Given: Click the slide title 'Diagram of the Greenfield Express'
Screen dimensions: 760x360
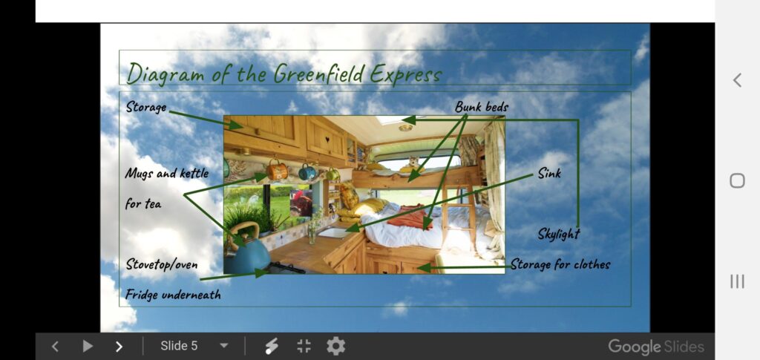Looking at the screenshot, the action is (x=284, y=73).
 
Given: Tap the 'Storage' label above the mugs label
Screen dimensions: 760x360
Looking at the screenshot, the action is (x=146, y=107).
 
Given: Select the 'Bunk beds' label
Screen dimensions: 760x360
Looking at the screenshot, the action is (x=481, y=107).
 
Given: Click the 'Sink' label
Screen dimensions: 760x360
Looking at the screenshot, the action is (x=549, y=173).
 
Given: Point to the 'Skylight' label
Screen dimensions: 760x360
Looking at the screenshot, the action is (x=558, y=234).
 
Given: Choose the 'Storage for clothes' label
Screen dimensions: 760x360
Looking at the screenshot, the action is (x=560, y=264).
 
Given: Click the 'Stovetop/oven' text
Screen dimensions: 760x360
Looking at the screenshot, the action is (x=161, y=264).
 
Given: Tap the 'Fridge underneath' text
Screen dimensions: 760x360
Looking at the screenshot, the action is (x=173, y=294).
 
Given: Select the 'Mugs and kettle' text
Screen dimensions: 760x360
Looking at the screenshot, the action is (x=167, y=173).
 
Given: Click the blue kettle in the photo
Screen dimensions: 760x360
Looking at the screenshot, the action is (x=246, y=252).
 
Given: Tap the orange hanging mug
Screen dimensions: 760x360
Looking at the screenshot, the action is (x=277, y=171).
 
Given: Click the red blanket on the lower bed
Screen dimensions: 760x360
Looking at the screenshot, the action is (x=410, y=217).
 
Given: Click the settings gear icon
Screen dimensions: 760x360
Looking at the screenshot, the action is (x=335, y=346).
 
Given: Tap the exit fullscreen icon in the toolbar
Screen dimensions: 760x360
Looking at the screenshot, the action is (x=304, y=346).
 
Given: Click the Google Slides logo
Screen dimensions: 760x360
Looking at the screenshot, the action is (x=656, y=347).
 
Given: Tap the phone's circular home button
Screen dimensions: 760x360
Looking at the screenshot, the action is (x=737, y=180).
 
